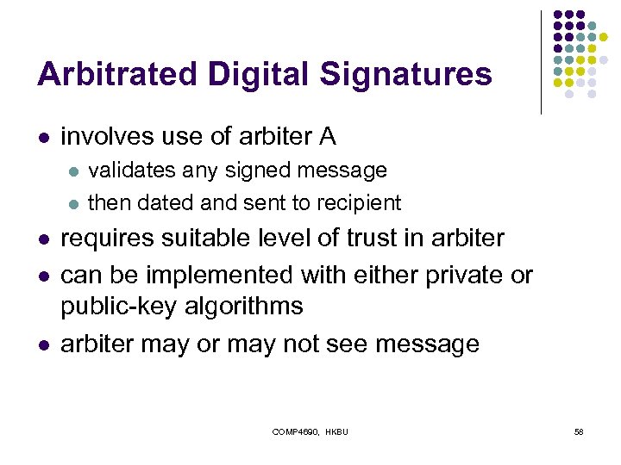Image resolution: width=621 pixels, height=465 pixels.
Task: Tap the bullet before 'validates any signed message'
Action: point(74,171)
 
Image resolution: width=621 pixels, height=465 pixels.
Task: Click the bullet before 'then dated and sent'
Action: point(74,204)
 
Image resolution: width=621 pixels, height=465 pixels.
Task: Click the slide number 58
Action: point(579,431)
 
